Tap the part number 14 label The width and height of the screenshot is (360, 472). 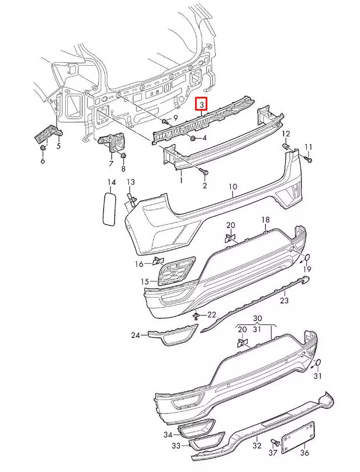(111, 182)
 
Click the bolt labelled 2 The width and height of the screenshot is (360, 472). (201, 170)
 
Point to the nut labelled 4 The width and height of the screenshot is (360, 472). (193, 138)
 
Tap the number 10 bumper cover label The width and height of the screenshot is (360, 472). (233, 187)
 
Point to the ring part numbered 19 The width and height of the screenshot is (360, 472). (305, 257)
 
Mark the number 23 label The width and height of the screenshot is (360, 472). (284, 300)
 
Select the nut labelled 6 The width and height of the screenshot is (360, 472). (43, 149)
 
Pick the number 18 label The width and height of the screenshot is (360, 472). (266, 220)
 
